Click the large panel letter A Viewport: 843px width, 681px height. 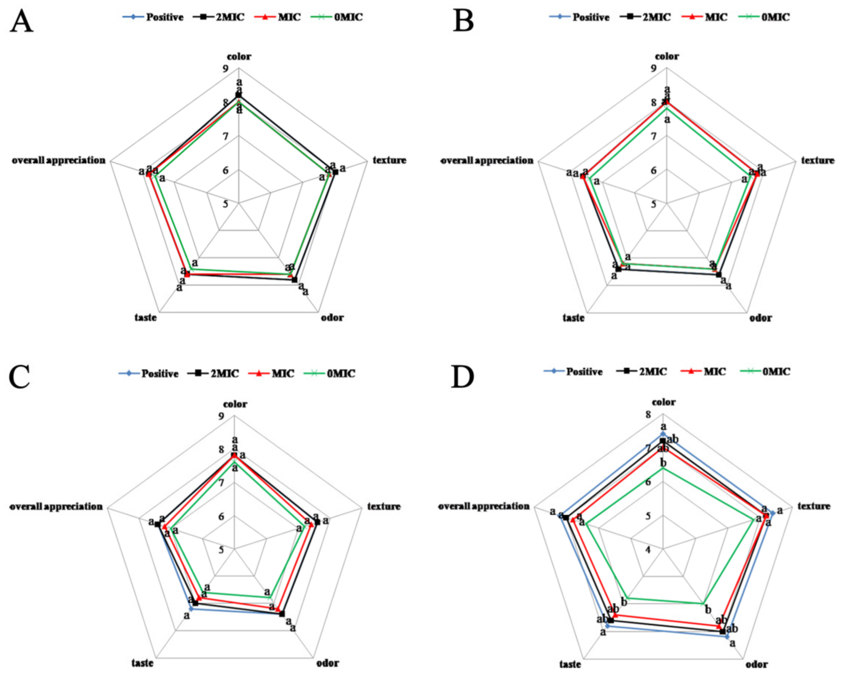(x=21, y=22)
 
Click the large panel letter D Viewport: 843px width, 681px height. (x=463, y=377)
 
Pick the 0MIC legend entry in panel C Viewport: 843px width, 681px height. (x=330, y=373)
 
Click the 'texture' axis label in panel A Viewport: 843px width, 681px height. (x=389, y=160)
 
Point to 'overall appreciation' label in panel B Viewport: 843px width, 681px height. (x=487, y=160)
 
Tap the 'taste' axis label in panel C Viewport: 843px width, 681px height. (x=142, y=663)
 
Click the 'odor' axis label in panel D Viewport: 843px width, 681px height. (x=756, y=664)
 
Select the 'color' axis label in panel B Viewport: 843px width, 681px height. (x=667, y=57)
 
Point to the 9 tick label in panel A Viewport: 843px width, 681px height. (x=225, y=69)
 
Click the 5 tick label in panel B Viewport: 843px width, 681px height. (x=653, y=204)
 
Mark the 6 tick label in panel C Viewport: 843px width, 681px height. (x=221, y=516)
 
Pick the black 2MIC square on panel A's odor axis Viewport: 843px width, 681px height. (x=295, y=280)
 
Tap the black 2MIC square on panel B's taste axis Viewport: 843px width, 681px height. (x=619, y=269)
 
